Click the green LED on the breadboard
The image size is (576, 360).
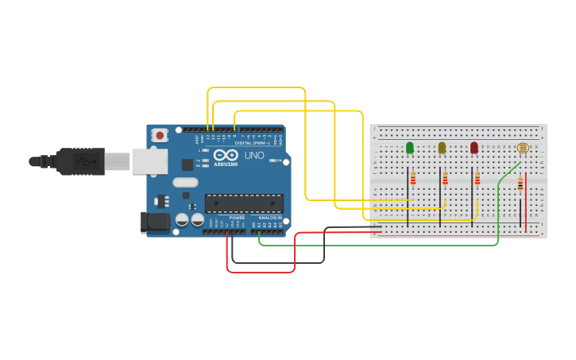coord(410,148)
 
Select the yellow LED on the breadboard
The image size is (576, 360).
coord(442,148)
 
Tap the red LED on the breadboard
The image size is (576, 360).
coord(474,148)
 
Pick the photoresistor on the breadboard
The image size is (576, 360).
coord(522,149)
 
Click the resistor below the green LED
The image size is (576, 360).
coord(413,180)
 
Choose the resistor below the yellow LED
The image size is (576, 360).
coord(445,179)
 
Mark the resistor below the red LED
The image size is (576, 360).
coord(477,179)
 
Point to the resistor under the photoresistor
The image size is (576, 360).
coord(520,184)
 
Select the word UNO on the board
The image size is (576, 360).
coord(254,155)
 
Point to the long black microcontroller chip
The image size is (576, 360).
coord(244,203)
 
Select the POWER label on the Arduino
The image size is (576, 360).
coord(237,218)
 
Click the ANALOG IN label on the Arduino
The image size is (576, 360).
coord(269,218)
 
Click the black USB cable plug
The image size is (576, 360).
coord(79,161)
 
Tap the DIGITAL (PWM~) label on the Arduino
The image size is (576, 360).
coord(253,143)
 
